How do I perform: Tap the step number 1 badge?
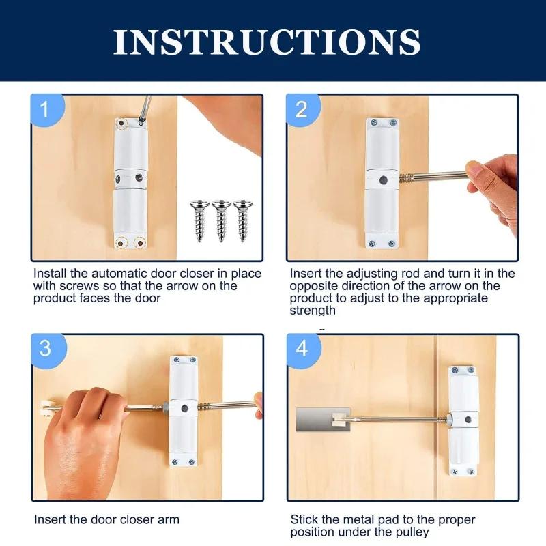pyautogui.click(x=45, y=109)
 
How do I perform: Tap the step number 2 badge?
pyautogui.click(x=301, y=109)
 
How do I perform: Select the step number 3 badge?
pyautogui.click(x=45, y=348)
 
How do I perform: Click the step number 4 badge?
pyautogui.click(x=301, y=348)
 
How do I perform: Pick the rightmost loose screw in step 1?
pyautogui.click(x=242, y=218)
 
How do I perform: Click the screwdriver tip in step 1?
pyautogui.click(x=141, y=121)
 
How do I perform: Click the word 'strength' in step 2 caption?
pyautogui.click(x=313, y=311)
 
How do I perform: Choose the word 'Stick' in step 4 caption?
pyautogui.click(x=304, y=520)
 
